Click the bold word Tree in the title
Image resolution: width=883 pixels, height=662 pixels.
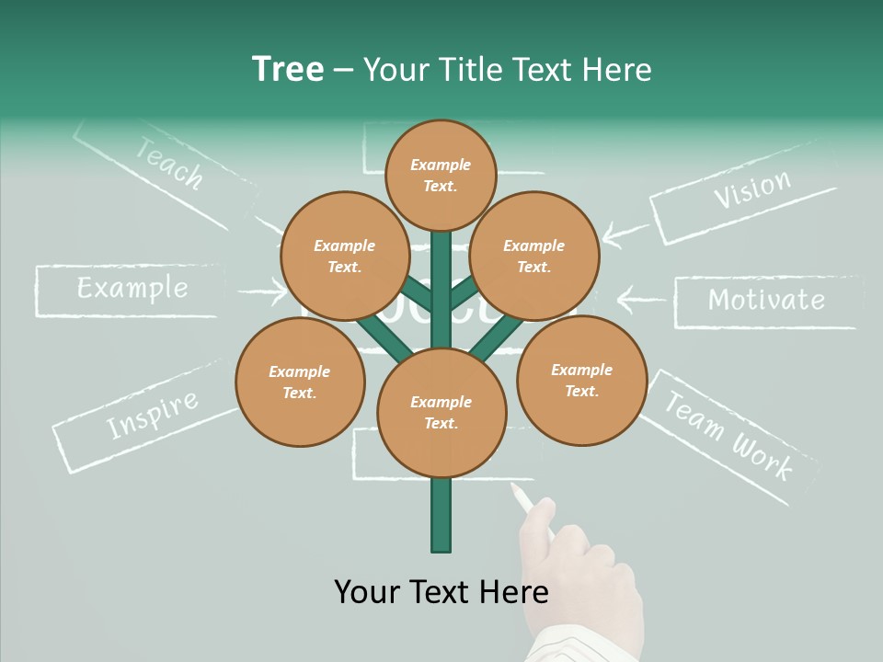[288, 70]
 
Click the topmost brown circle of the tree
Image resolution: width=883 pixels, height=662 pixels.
[441, 175]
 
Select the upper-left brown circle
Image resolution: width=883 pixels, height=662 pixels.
[344, 256]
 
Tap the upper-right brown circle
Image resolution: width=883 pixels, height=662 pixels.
[533, 256]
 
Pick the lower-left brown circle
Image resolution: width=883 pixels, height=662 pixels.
[300, 382]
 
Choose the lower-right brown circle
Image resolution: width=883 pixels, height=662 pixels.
[581, 380]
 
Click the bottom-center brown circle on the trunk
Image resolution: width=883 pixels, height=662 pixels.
[441, 412]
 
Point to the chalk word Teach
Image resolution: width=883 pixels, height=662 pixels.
[169, 163]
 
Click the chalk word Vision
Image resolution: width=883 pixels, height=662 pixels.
[751, 189]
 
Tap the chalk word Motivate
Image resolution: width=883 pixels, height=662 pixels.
[766, 300]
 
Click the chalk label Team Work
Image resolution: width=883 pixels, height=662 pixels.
[727, 435]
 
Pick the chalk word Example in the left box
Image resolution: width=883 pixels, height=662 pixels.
[132, 289]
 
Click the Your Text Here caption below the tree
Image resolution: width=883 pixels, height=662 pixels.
[441, 591]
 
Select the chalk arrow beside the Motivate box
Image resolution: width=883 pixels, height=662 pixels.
[641, 299]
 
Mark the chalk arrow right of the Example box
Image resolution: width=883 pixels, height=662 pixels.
[262, 292]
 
